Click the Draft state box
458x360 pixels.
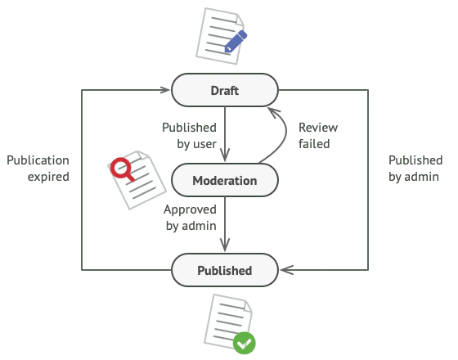coord(225,90)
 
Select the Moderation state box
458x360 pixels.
coord(225,180)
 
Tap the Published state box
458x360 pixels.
coord(225,270)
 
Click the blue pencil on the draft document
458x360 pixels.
coord(236,41)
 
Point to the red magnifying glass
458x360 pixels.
coord(122,169)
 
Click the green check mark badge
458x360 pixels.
coord(245,343)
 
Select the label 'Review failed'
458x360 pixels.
coord(318,136)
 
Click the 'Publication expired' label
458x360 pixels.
coord(38,169)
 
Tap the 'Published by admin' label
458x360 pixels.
coord(415,169)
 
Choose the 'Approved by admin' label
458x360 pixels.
coord(190,218)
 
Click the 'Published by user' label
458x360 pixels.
coord(189,136)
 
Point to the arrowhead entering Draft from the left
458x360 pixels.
coord(164,90)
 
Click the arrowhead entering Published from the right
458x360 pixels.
coord(286,270)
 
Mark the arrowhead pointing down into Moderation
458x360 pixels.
coord(225,155)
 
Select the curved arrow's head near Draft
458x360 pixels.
coord(273,113)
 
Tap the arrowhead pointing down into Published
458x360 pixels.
coord(225,245)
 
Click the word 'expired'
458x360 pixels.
coord(48,177)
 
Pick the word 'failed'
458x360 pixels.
coord(314,144)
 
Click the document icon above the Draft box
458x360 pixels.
coord(222,36)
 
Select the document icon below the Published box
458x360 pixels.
coord(230,324)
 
